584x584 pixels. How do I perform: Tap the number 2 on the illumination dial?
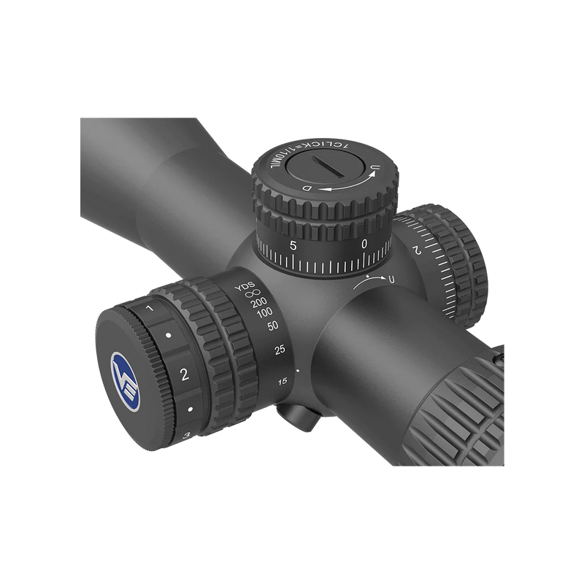(184, 375)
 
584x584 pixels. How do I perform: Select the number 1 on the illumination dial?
(150, 310)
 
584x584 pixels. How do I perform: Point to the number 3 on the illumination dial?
(188, 436)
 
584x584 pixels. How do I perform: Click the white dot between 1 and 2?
(169, 336)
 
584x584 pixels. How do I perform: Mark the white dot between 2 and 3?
(189, 409)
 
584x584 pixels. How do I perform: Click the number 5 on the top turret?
(293, 245)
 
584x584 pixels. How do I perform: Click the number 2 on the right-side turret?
(415, 250)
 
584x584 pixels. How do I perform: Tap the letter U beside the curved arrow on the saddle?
(391, 280)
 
